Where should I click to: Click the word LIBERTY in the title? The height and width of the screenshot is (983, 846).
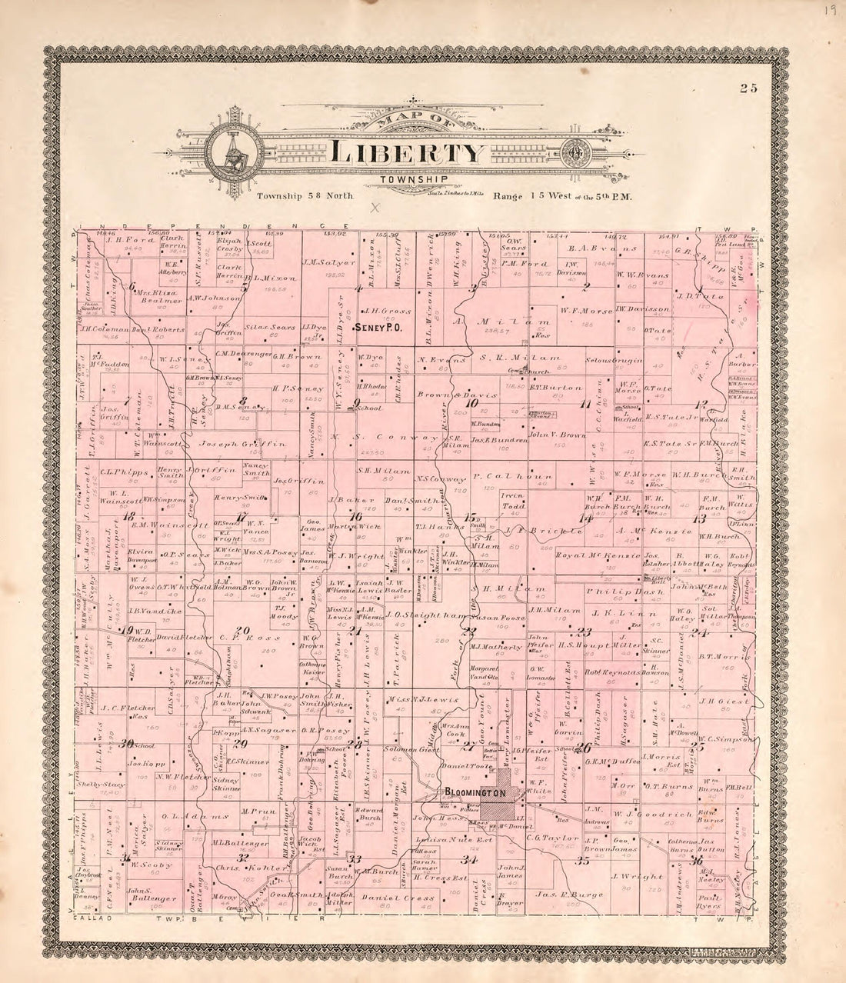click(x=408, y=152)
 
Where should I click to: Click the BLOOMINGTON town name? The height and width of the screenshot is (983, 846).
click(x=474, y=792)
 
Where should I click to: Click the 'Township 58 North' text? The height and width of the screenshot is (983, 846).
click(x=305, y=196)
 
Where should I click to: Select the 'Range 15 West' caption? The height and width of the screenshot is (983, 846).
click(x=561, y=196)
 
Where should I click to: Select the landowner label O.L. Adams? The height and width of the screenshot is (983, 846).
click(x=187, y=815)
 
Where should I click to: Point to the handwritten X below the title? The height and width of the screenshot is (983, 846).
click(x=375, y=207)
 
